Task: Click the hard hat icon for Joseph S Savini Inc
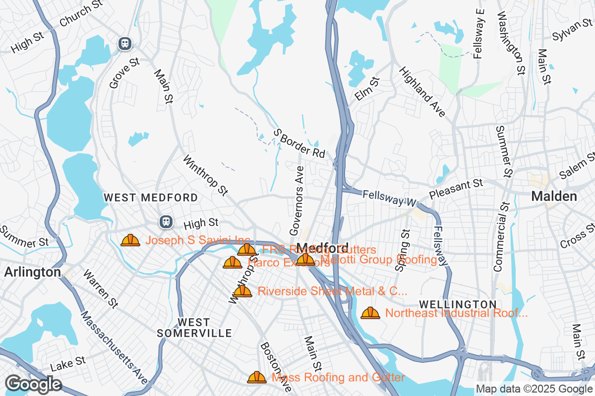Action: pos(130,241)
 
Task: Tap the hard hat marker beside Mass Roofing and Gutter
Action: pos(257,378)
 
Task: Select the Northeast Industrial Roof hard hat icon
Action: pos(370,313)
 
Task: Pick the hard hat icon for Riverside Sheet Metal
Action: pos(242,291)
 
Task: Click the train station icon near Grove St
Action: pos(124,44)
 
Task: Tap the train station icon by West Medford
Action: pos(166,222)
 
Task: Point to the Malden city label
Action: pos(554,196)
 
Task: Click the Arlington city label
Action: pos(32,272)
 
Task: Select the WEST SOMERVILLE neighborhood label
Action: pos(194,328)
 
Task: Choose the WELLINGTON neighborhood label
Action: pos(457,304)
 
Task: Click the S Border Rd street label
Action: pos(299,144)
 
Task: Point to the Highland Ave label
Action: pos(422,92)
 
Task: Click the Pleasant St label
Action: pos(456,190)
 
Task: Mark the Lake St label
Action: pos(68,365)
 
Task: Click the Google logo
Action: pos(33,384)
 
